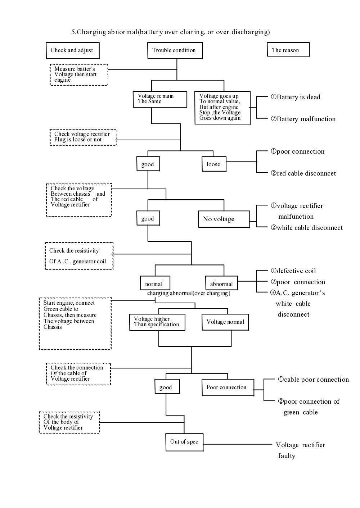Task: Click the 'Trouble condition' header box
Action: [x=175, y=50]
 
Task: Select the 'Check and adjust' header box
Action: [x=72, y=50]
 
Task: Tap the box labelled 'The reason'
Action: [x=288, y=50]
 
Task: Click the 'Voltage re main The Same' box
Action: [x=160, y=99]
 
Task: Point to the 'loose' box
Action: [x=214, y=164]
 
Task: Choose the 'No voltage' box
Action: [x=224, y=219]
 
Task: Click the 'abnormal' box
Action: [x=221, y=284]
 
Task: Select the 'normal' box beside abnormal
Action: [x=154, y=284]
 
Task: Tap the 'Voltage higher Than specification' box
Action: [x=157, y=322]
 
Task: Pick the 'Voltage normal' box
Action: [x=225, y=322]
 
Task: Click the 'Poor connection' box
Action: [x=227, y=387]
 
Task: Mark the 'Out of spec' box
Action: [x=184, y=442]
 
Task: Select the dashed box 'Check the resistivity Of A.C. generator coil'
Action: [x=79, y=256]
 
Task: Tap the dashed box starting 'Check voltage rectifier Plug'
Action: [x=83, y=137]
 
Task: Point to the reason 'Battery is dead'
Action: [x=296, y=97]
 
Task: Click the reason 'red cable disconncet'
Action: [x=303, y=173]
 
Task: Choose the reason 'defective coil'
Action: [x=293, y=271]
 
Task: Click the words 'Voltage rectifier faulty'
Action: [x=300, y=450]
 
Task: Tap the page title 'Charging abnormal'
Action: [x=170, y=32]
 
